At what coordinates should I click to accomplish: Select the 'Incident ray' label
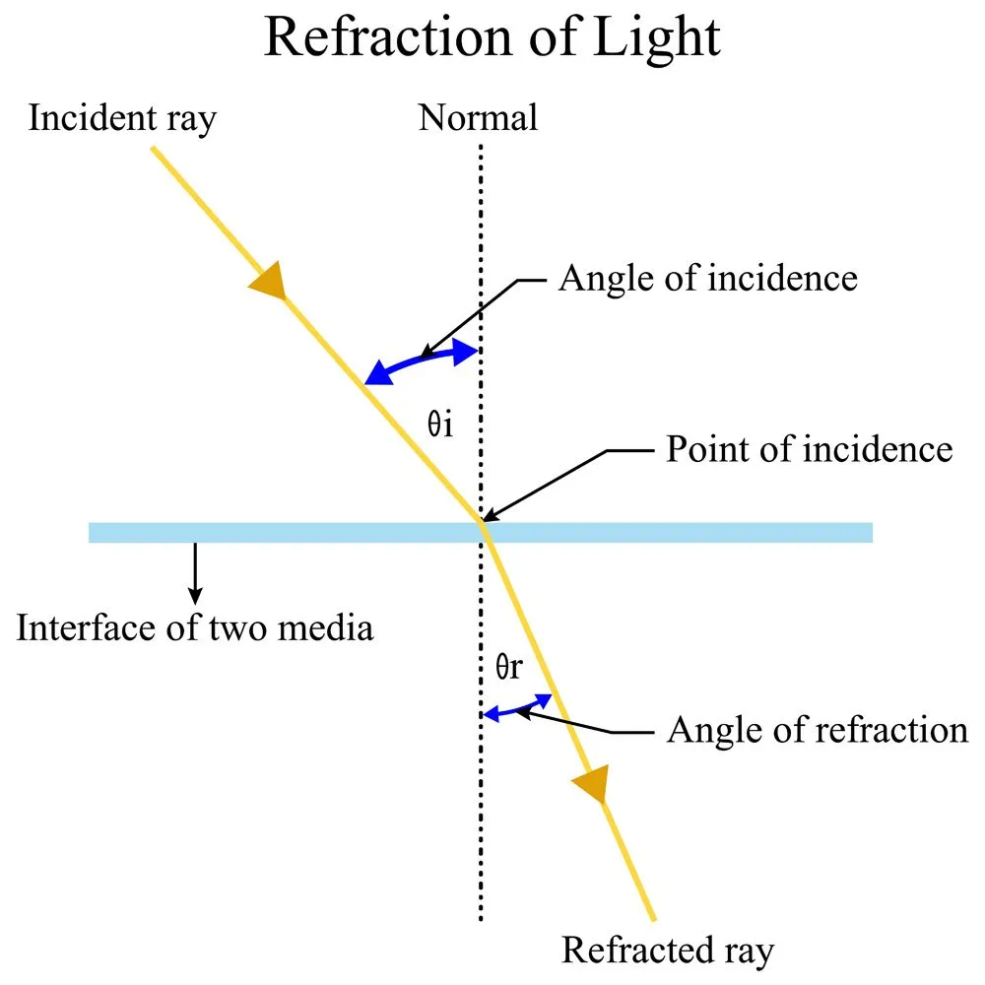[123, 118]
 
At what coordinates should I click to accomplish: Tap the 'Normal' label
[479, 118]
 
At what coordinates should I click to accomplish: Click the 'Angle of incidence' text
[707, 279]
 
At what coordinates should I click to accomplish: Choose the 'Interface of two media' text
[195, 627]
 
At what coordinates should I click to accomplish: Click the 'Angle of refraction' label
[818, 730]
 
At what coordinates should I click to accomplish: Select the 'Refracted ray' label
[668, 951]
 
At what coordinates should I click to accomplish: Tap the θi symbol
[439, 429]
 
